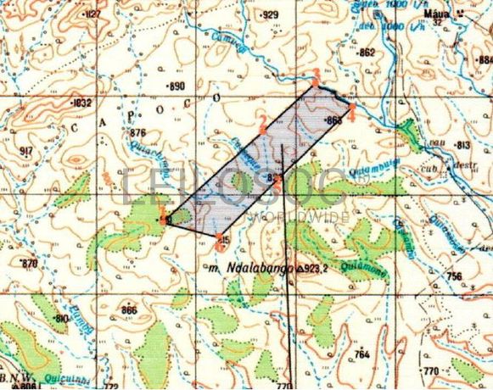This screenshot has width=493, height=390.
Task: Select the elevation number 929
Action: click(270, 15)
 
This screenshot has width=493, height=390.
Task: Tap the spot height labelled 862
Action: click(367, 53)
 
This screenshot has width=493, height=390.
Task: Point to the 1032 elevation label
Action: click(82, 103)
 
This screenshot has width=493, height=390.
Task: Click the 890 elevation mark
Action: click(176, 86)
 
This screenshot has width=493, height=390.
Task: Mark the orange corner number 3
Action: click(315, 73)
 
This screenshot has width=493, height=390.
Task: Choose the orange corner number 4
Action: click(351, 114)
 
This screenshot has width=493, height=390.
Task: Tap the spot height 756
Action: click(455, 276)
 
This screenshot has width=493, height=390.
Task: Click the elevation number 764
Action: click(363, 354)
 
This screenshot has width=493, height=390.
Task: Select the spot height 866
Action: click(128, 310)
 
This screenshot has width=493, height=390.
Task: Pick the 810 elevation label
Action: click(60, 318)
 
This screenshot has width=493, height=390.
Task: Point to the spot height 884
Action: click(484, 60)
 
